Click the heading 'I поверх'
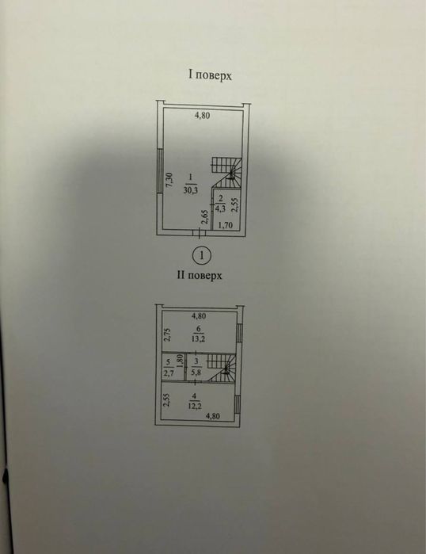pos(210,75)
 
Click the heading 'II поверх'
pos(200,275)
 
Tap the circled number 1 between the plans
pos(202,255)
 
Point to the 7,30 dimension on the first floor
pos(169,181)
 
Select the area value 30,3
pos(190,190)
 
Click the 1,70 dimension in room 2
pos(225,224)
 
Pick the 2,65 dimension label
pos(204,217)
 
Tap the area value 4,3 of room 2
pos(221,208)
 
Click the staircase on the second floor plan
pos(221,369)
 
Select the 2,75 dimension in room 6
pos(167,335)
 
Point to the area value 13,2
pos(199,338)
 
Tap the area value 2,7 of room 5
pos(169,373)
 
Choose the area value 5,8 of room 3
pos(196,372)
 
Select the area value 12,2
pos(195,406)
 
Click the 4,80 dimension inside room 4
pos(212,416)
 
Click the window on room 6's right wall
pos(239,333)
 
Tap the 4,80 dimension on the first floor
pos(203,115)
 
